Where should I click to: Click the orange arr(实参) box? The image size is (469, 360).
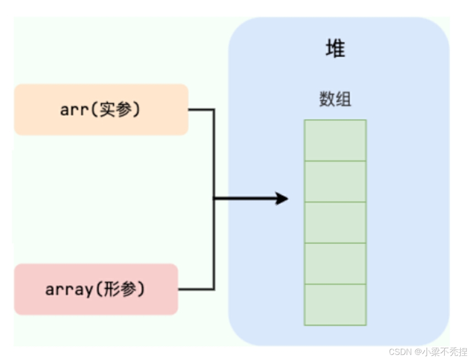point(101,109)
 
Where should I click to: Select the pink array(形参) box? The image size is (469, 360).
point(96,289)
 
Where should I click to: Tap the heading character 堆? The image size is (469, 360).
point(335,48)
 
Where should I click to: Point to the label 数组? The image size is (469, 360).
point(335,99)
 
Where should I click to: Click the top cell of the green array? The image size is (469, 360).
point(335,140)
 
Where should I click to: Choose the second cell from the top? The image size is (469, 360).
point(335,181)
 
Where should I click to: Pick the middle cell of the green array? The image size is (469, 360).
point(335,223)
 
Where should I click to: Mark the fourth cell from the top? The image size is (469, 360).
point(335,263)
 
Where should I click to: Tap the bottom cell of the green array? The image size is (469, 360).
point(335,305)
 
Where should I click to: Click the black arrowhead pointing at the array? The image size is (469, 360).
point(281,199)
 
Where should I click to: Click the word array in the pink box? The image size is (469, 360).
point(69,290)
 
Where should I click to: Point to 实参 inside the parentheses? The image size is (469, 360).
point(116,110)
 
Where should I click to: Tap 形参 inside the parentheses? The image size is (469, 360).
point(122,289)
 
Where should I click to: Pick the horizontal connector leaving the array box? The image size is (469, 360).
point(196,289)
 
